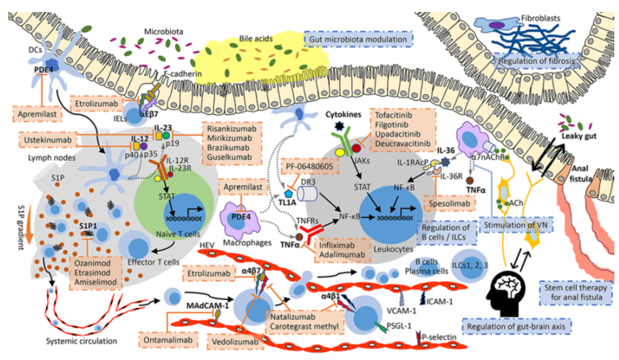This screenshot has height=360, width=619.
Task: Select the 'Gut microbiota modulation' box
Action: (357, 41)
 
